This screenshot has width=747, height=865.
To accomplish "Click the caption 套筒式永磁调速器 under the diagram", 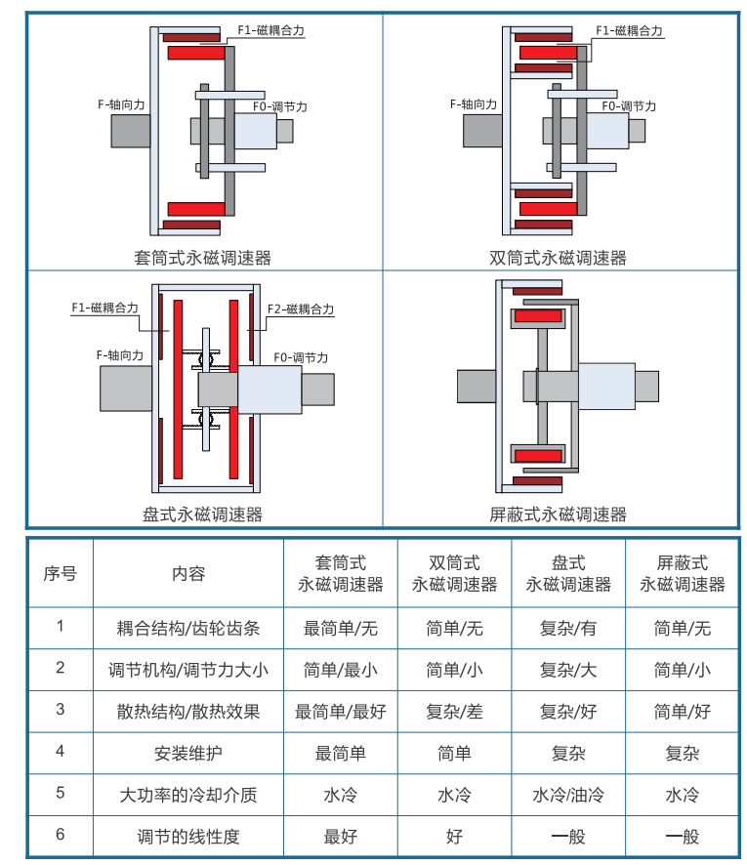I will click(x=202, y=259).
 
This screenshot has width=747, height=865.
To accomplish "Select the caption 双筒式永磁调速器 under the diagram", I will click(x=558, y=259).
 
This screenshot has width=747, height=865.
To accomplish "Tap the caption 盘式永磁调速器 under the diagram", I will click(x=202, y=514).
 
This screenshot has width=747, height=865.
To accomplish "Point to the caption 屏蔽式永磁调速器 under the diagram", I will click(x=558, y=514).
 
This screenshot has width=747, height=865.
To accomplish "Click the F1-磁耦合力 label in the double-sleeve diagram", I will click(x=629, y=31).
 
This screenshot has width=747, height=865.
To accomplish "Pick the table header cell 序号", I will click(x=60, y=573).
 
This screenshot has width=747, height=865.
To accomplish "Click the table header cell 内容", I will click(x=188, y=573).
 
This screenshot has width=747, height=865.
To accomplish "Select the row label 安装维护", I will click(x=188, y=753).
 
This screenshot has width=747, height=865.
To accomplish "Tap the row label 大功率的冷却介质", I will click(x=188, y=795).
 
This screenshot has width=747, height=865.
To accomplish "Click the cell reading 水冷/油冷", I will click(x=568, y=795).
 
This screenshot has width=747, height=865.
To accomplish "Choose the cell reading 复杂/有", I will click(x=568, y=628).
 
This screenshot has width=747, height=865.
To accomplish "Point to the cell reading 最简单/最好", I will click(x=340, y=711).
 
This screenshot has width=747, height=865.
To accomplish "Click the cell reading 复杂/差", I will click(x=454, y=711).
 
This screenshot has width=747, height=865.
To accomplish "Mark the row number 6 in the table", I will click(x=60, y=835).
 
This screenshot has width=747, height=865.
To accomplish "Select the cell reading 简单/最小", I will click(x=340, y=670).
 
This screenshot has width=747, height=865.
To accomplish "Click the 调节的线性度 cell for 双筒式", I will click(x=454, y=837).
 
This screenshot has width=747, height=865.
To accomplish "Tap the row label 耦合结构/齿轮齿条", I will click(x=188, y=628).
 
